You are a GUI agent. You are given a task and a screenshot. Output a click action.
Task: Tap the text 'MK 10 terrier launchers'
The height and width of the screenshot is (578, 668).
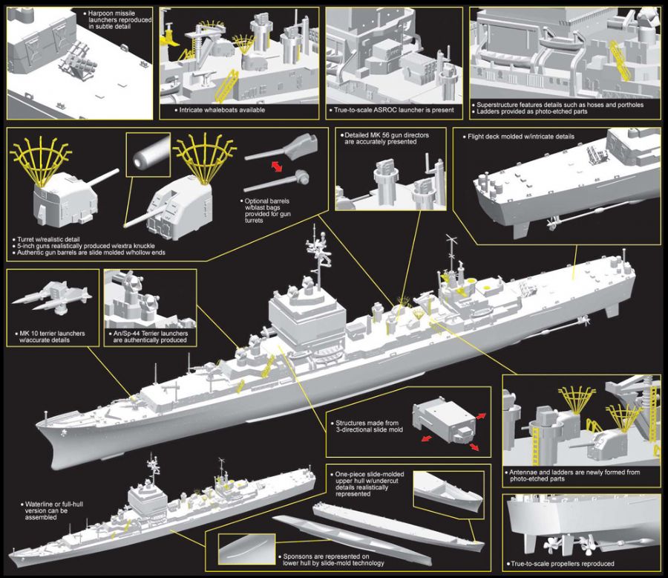point(50,333)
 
